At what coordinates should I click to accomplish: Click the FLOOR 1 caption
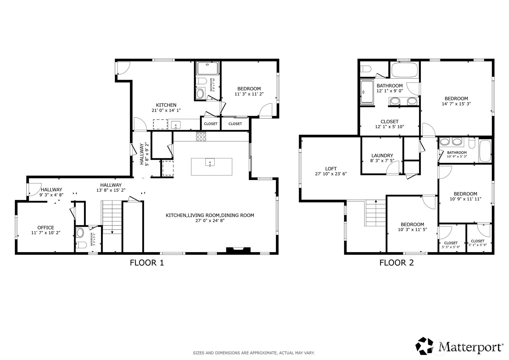click(146, 263)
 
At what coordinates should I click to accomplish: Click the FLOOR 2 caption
click(396, 263)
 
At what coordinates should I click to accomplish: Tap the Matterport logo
click(459, 346)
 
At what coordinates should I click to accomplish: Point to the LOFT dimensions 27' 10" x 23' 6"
click(331, 174)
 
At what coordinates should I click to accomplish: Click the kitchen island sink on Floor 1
click(210, 162)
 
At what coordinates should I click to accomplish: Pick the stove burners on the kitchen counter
click(201, 137)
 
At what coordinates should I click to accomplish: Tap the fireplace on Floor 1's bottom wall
click(238, 250)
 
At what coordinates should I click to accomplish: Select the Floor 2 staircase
click(376, 213)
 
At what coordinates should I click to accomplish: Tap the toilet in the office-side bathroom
click(82, 245)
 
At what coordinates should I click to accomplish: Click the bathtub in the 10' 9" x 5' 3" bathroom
click(485, 151)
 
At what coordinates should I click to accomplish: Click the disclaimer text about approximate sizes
click(253, 353)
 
